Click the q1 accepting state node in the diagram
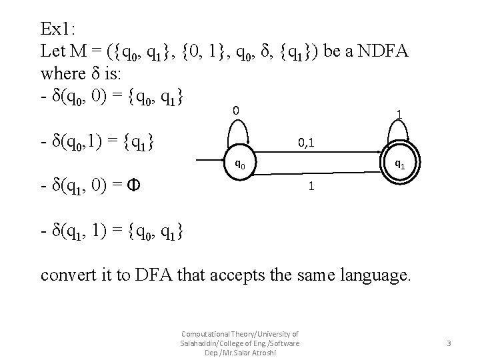click(398, 162)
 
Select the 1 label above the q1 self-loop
click(398, 115)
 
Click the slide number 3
click(449, 343)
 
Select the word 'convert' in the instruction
click(66, 274)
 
